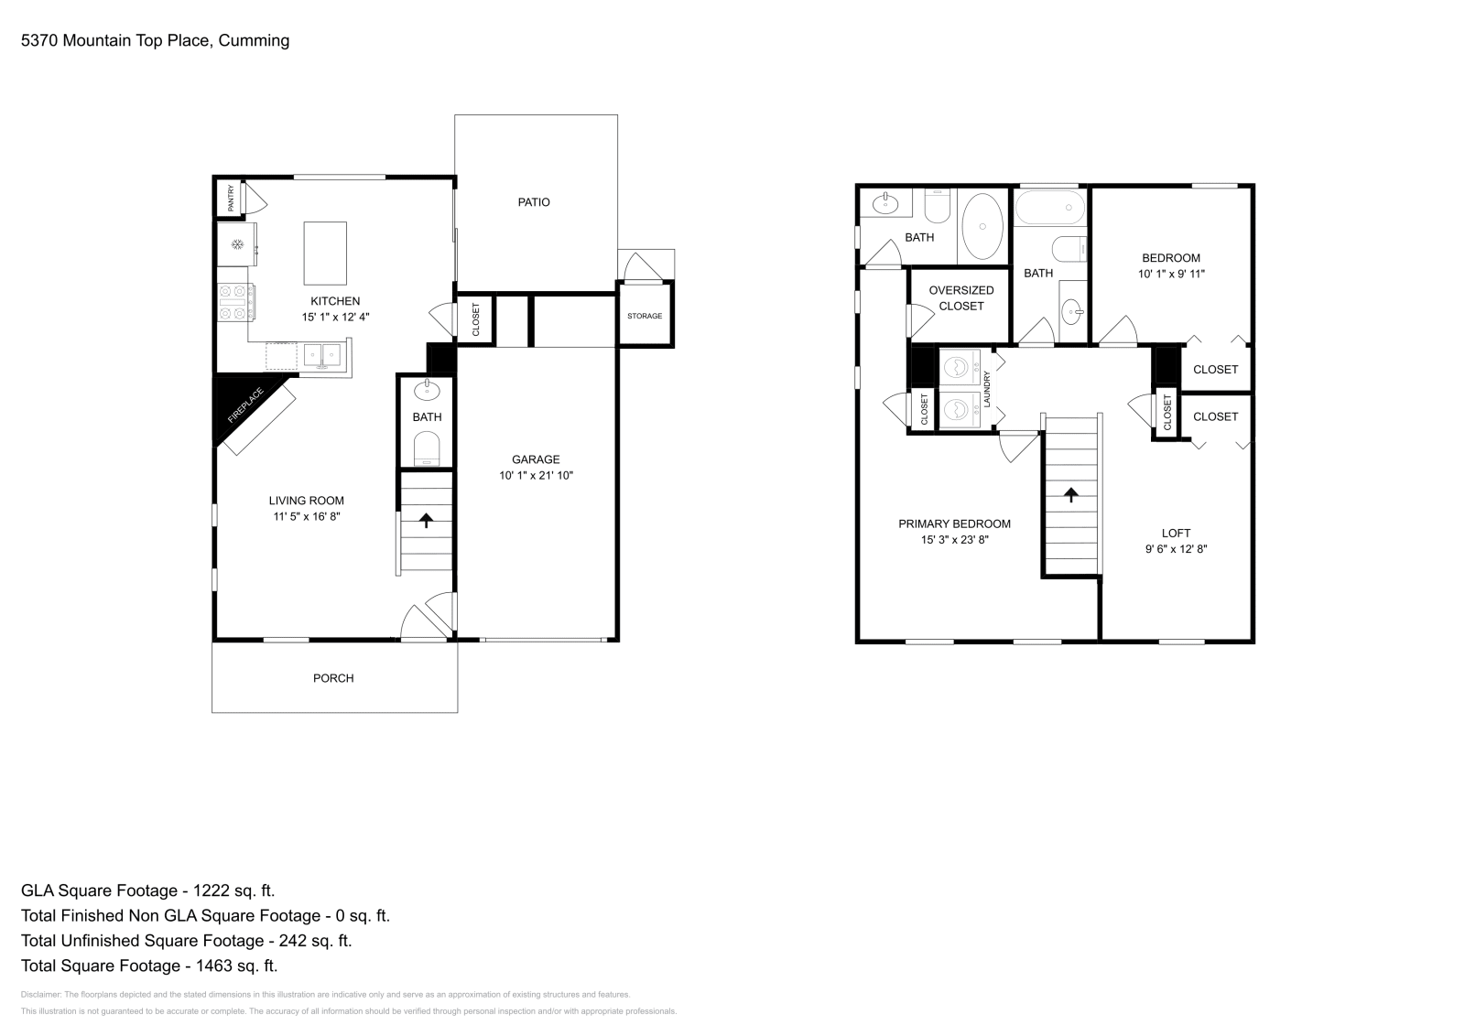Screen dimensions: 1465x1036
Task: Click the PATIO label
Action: pyautogui.click(x=534, y=202)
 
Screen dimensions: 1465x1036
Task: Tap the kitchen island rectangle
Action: pyautogui.click(x=325, y=253)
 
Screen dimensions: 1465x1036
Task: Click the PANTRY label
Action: pyautogui.click(x=230, y=198)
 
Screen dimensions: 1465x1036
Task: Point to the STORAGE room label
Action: pyautogui.click(x=645, y=316)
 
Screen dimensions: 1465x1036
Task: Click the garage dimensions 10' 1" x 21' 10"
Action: pyautogui.click(x=537, y=475)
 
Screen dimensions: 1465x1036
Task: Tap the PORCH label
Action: pyautogui.click(x=333, y=678)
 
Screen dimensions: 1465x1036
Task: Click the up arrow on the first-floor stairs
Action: pyautogui.click(x=427, y=520)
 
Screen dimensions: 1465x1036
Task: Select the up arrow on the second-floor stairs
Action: pyautogui.click(x=1070, y=495)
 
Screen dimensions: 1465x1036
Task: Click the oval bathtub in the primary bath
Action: pyautogui.click(x=982, y=226)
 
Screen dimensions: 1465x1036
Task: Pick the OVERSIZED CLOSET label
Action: pyautogui.click(x=961, y=298)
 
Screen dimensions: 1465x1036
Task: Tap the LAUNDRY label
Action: pyautogui.click(x=987, y=390)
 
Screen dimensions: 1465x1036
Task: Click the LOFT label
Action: pyautogui.click(x=1176, y=533)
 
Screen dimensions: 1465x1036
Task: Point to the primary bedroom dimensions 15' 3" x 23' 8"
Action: pyautogui.click(x=954, y=539)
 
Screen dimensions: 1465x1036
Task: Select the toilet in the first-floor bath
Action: pyautogui.click(x=427, y=448)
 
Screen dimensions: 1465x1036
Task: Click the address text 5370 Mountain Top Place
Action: pyautogui.click(x=115, y=40)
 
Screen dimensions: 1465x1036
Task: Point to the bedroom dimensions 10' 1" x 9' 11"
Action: pyautogui.click(x=1171, y=274)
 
